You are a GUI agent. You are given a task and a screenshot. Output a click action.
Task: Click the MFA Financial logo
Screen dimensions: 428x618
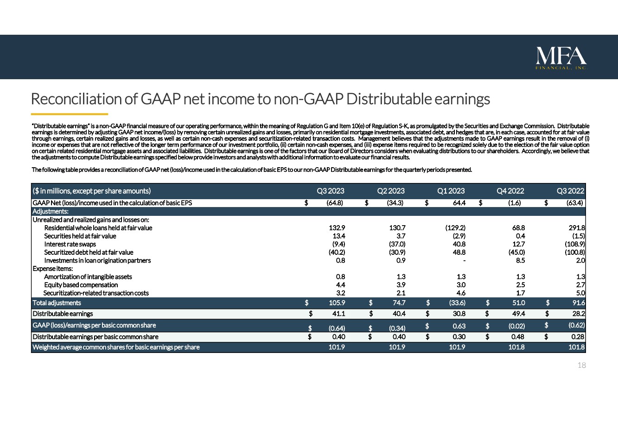pyautogui.click(x=561, y=58)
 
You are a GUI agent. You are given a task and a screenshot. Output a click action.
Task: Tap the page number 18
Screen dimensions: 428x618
pyautogui.click(x=582, y=365)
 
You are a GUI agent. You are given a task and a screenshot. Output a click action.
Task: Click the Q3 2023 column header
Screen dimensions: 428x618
pyautogui.click(x=331, y=191)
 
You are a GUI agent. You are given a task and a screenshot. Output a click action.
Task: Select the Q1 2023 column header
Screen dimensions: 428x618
pyautogui.click(x=451, y=191)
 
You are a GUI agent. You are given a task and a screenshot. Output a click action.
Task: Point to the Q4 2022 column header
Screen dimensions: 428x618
pyautogui.click(x=510, y=191)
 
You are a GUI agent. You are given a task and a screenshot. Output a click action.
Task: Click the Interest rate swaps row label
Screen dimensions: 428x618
pyautogui.click(x=70, y=244)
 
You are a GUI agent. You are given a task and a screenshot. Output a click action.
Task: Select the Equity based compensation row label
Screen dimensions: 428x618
pyautogui.click(x=81, y=285)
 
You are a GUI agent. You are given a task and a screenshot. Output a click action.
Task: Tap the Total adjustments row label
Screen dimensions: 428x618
pyautogui.click(x=57, y=303)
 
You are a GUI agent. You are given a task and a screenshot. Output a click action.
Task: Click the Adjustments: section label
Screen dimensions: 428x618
pyautogui.click(x=51, y=211)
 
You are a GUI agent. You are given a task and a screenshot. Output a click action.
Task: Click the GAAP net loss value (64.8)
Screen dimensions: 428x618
pyautogui.click(x=334, y=203)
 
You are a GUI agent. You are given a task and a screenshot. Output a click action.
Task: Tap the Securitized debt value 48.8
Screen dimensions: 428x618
pyautogui.click(x=458, y=252)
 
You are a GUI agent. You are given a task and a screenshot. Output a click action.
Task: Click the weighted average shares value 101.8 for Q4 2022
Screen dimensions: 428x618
pyautogui.click(x=517, y=347)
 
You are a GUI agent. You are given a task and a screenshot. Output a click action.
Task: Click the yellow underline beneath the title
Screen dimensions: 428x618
pyautogui.click(x=70, y=114)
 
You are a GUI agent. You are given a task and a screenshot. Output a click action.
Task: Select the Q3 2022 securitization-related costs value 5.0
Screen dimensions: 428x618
pyautogui.click(x=580, y=293)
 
